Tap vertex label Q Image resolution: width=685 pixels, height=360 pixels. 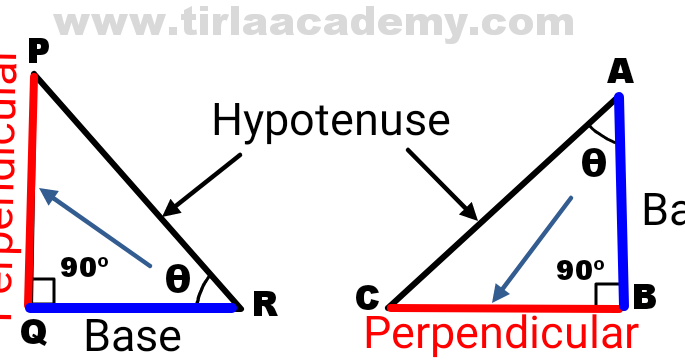pos(33,334)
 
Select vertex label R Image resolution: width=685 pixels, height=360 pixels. pos(264,307)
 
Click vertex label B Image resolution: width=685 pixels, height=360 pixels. pos(645,296)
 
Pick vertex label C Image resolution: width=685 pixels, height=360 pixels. pos(368,298)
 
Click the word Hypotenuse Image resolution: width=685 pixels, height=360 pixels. pos(331,122)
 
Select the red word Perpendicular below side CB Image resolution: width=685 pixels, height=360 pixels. pos(500,332)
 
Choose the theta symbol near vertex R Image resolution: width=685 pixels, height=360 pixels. pos(177,280)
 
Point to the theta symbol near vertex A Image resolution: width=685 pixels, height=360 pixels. pos(594,162)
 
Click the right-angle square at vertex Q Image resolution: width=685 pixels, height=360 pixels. pos(42,292)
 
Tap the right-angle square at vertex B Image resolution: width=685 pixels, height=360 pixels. pos(608,293)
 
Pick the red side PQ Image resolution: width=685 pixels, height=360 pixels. pos(30,190)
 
